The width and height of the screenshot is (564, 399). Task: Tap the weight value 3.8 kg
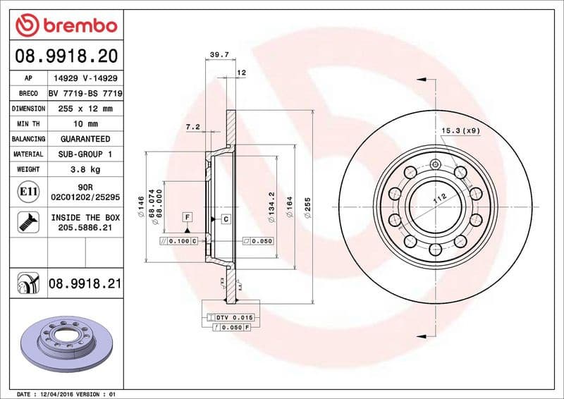tap(85, 170)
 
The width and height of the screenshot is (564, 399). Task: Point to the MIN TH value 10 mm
tap(85, 124)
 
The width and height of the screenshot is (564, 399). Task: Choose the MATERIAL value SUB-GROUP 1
tap(85, 154)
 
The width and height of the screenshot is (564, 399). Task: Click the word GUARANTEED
tap(85, 140)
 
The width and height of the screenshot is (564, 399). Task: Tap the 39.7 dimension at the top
tap(217, 53)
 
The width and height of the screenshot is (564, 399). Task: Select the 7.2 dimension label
tap(192, 127)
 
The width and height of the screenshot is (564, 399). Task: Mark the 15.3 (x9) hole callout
tap(460, 131)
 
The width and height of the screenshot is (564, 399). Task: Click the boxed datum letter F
tap(188, 217)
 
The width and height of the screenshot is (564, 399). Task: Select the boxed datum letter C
tap(226, 219)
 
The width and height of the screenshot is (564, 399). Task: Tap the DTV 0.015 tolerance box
tap(231, 318)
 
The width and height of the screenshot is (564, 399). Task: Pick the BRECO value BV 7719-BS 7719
tap(85, 94)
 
